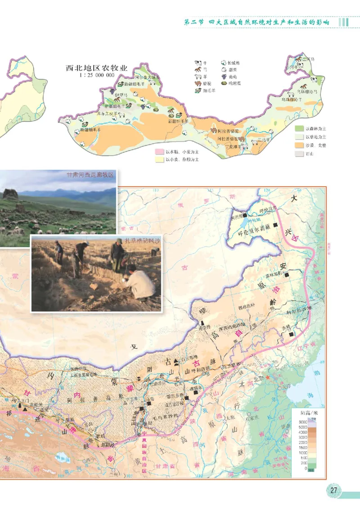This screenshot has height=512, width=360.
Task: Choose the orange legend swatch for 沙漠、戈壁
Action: (299, 145)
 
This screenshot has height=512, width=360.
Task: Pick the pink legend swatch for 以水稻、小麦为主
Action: (159, 152)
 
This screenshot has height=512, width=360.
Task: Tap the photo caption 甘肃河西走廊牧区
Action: (90, 175)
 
